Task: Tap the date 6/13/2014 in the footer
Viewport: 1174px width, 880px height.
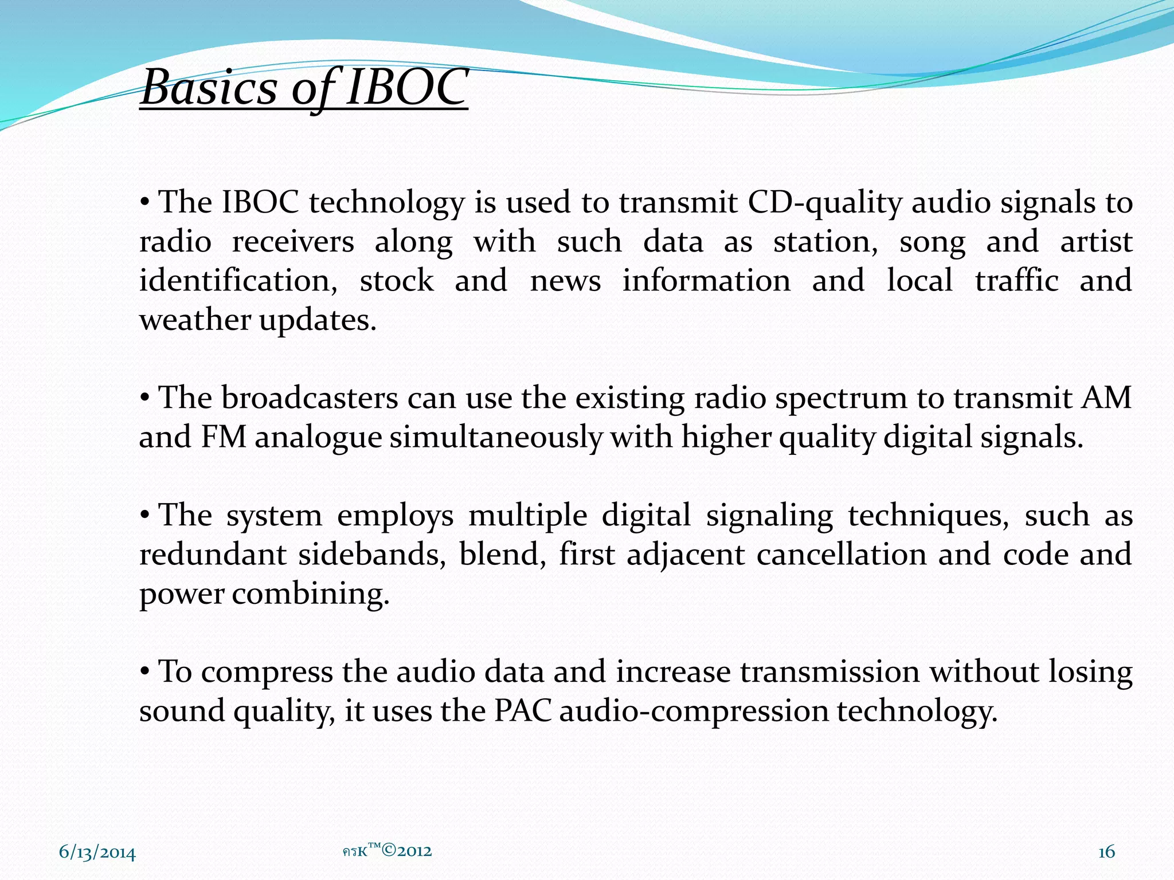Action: pos(97,853)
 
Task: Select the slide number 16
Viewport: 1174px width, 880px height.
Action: pos(1106,852)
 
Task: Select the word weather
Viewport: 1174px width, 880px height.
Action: pos(194,320)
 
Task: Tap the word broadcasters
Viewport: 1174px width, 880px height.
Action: pos(310,398)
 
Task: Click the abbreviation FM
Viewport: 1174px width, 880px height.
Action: pos(224,438)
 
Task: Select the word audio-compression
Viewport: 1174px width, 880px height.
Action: pos(694,712)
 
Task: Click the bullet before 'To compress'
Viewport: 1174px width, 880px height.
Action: pos(145,671)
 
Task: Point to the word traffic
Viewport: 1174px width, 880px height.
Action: pos(1016,281)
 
